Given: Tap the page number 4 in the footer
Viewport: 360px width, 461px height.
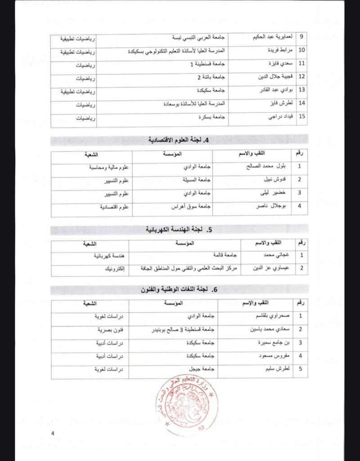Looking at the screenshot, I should pyautogui.click(x=53, y=434).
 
